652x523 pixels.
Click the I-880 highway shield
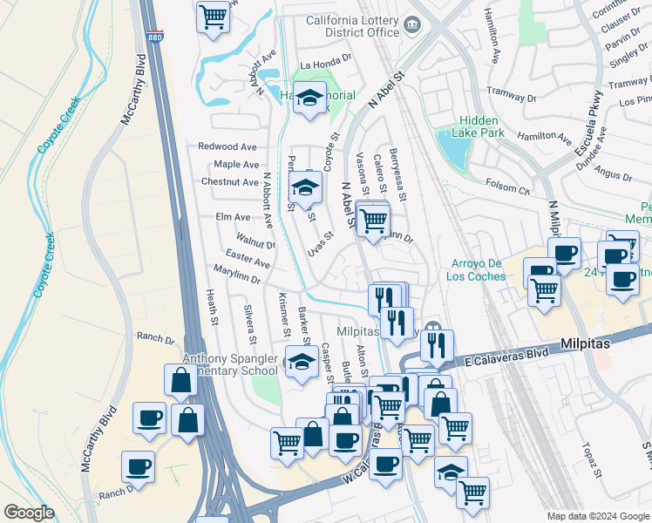pos(155,37)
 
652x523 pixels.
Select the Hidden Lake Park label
pos(479,126)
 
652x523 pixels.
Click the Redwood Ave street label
pos(228,147)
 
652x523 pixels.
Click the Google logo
pos(29,513)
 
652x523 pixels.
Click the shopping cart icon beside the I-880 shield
pos(213,17)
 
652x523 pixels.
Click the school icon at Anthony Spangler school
pos(301,362)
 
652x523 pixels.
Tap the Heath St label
pos(212,309)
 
